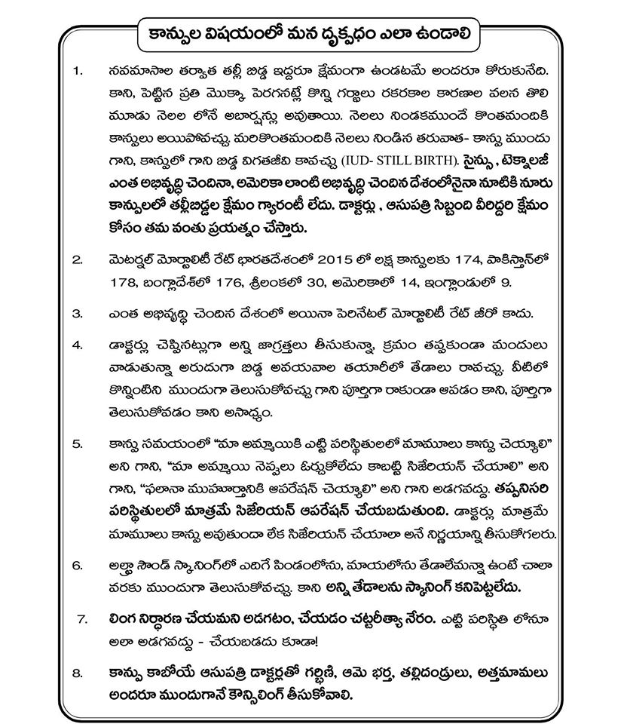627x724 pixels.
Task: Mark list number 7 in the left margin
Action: (x=84, y=618)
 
